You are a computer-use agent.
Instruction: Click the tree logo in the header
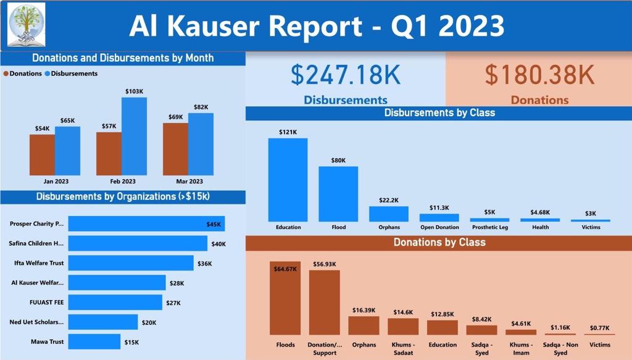tap(26, 25)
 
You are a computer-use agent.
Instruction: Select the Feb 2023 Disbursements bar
tap(134, 136)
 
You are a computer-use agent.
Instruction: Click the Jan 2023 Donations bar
tap(42, 155)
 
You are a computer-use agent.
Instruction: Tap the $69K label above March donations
tap(175, 117)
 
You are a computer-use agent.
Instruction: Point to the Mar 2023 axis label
tap(189, 182)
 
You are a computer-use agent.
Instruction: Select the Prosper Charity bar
tap(146, 224)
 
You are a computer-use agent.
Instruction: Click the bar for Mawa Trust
tap(94, 341)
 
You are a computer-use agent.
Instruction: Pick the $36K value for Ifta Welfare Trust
tap(204, 264)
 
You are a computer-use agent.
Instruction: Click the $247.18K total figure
tap(346, 75)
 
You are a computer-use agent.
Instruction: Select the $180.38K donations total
tap(539, 75)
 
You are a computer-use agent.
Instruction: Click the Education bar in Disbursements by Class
tap(288, 180)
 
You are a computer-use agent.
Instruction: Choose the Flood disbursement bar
tap(338, 194)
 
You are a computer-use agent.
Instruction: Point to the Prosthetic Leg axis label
tap(489, 227)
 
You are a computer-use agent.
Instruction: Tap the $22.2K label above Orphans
tap(389, 200)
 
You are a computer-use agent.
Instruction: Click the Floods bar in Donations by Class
tap(285, 298)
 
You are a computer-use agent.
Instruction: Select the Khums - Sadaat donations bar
tap(403, 327)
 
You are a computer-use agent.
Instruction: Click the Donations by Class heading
tap(439, 243)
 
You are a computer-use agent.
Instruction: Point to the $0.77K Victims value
tap(599, 328)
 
